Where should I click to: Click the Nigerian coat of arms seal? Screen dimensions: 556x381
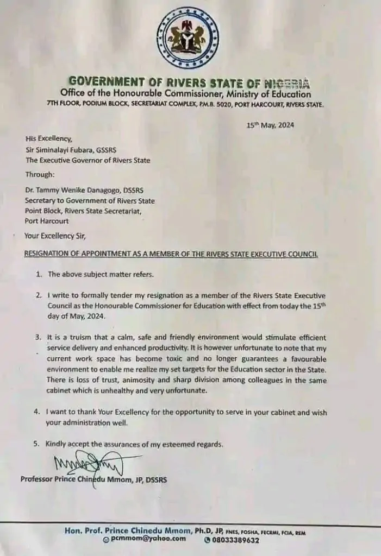[x=188, y=38]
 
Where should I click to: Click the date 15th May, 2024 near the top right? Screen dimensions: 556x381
[x=270, y=124]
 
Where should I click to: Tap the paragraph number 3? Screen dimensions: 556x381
[x=36, y=337]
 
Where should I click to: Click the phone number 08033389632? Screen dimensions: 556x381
[x=235, y=540]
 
